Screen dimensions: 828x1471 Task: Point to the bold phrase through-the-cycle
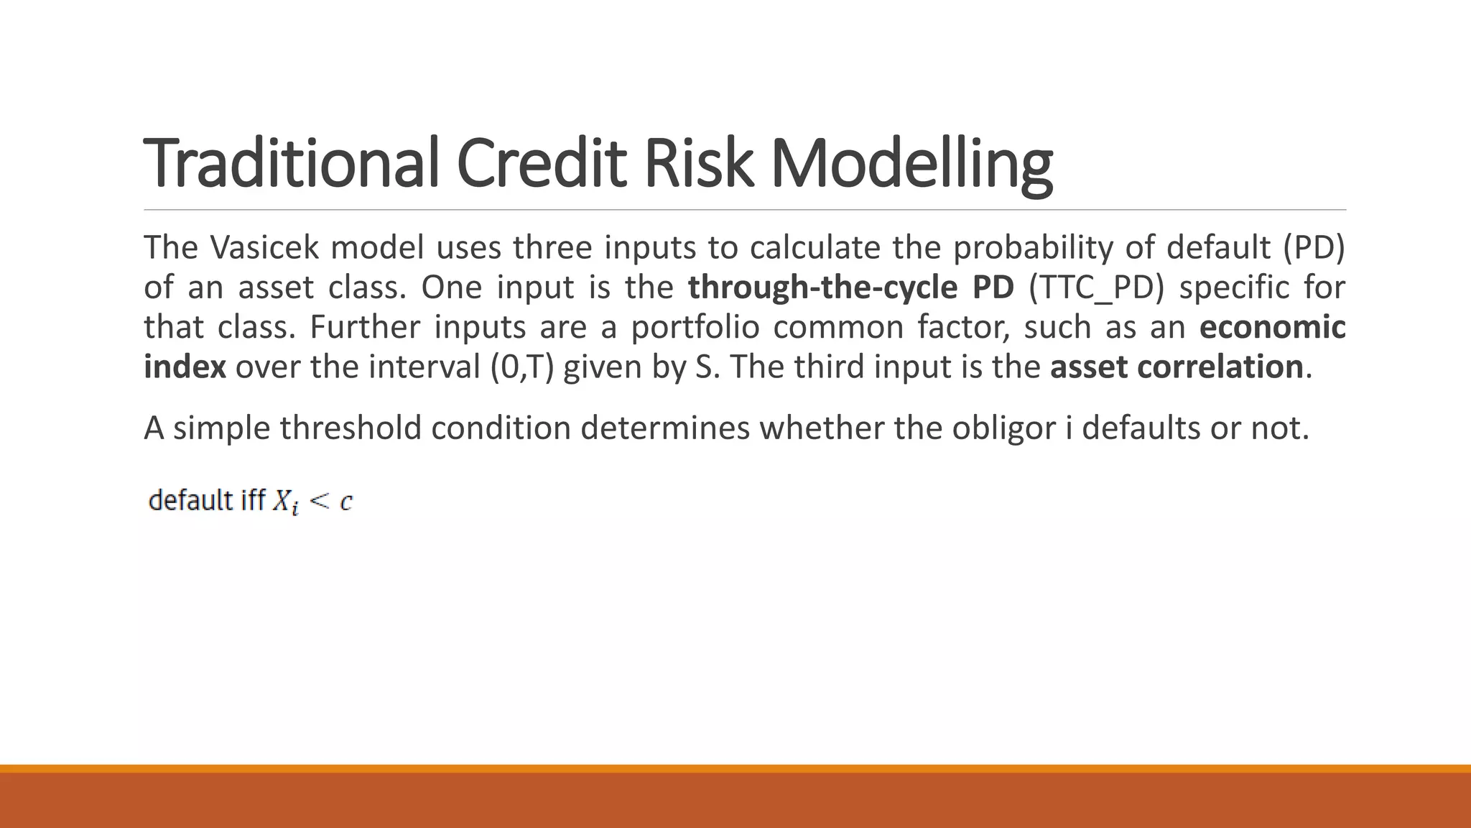coord(822,287)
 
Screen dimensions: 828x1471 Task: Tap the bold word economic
coord(1272,327)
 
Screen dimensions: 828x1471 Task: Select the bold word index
coord(185,367)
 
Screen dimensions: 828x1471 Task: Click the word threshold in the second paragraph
coord(350,428)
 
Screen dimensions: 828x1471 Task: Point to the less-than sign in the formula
coord(318,501)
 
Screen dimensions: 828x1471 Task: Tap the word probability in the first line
coord(1032,248)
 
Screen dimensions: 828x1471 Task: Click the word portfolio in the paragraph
coord(695,327)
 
